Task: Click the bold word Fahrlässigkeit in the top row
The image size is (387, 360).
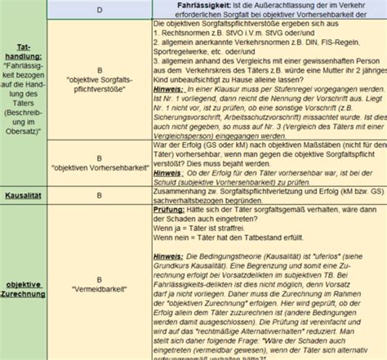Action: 194,5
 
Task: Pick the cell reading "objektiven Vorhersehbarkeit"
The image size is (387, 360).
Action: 99,166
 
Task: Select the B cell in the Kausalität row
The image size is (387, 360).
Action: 99,195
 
